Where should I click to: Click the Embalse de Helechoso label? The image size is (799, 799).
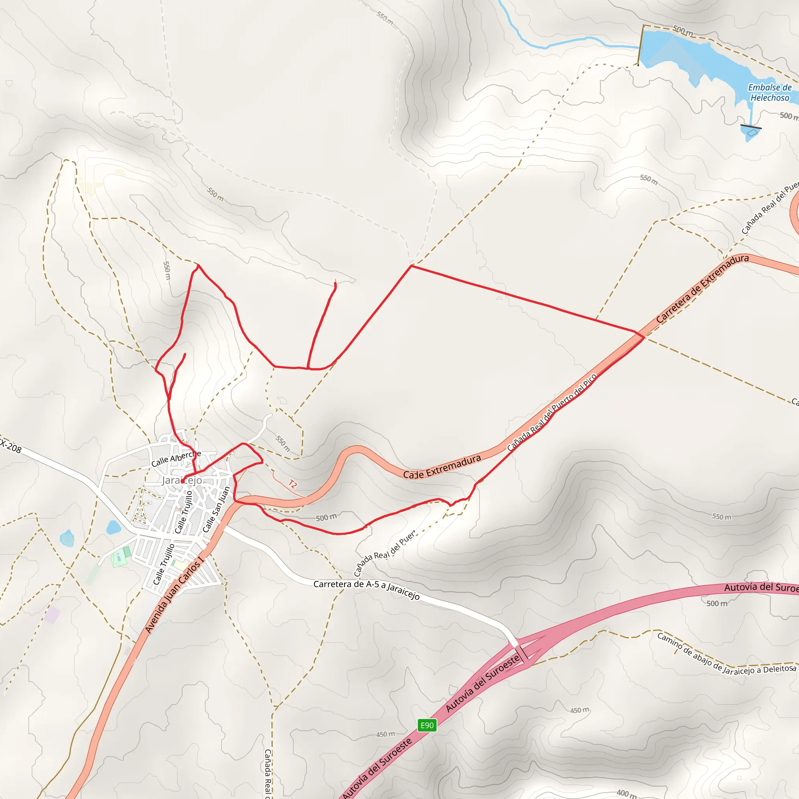pos(770,92)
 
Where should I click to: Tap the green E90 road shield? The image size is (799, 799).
pos(427,725)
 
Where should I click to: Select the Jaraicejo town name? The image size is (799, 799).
pos(182,480)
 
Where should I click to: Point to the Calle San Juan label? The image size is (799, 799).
pos(216,510)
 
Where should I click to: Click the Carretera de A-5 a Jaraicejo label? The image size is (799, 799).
pos(366,590)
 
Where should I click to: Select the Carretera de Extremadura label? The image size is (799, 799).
pos(702,288)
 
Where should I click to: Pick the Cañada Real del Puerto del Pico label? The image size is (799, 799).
pos(552,412)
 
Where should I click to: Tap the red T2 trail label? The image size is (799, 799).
pos(292,484)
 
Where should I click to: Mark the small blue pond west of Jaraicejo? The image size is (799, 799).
pos(113,527)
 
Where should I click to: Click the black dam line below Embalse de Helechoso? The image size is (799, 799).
pos(751,126)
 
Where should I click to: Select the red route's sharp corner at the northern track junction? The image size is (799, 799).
pos(411,266)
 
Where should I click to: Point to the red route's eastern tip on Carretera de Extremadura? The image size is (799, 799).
pos(643,337)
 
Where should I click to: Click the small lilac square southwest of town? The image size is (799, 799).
pos(53,615)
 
